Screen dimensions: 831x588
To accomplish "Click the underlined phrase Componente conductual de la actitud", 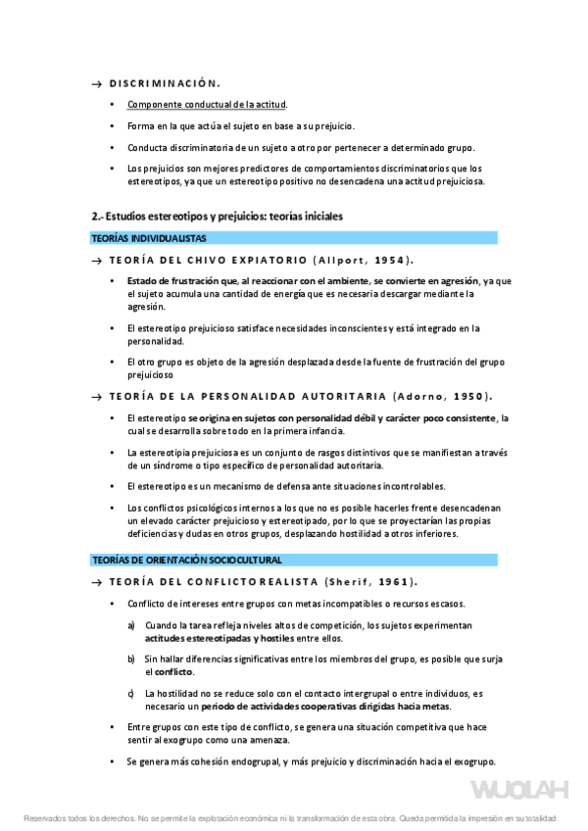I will click(x=208, y=104).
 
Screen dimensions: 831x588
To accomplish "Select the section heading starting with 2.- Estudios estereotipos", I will click(x=217, y=216).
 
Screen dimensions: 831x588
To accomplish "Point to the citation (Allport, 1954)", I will click(x=362, y=260).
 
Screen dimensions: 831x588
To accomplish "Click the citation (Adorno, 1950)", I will click(x=440, y=397).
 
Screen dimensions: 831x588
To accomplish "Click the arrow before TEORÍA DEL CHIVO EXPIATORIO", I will click(x=96, y=261).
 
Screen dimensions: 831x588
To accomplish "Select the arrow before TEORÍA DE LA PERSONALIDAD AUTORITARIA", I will click(x=96, y=398).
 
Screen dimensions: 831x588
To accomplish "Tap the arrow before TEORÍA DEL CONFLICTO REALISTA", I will click(x=96, y=582).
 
